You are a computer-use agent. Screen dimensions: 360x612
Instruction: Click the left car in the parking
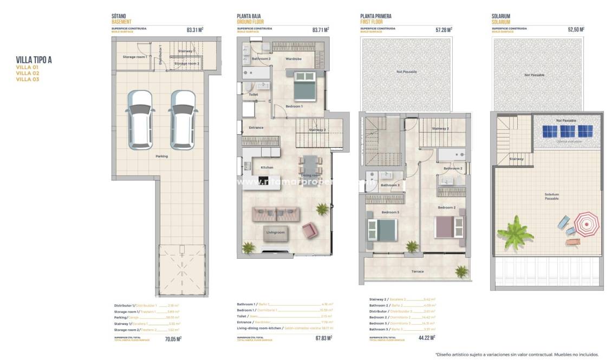click(140, 120)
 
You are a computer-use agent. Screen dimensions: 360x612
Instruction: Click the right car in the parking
click(183, 120)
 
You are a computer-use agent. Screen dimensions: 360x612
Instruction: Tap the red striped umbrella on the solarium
click(585, 223)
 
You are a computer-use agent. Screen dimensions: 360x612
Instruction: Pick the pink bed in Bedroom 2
click(450, 227)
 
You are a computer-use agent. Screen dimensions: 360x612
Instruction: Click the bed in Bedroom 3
click(382, 228)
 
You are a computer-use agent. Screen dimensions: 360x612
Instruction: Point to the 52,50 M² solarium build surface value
click(576, 30)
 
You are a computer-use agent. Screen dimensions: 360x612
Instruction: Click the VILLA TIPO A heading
click(34, 60)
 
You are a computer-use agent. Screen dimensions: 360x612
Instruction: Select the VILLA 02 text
click(27, 73)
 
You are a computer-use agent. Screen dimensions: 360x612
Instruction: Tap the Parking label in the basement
click(161, 156)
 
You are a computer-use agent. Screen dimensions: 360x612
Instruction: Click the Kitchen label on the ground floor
click(267, 167)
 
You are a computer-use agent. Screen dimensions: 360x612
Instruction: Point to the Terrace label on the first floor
click(418, 271)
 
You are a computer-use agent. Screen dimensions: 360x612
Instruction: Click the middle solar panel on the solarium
click(567, 131)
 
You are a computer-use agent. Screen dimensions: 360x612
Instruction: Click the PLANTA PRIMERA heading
click(375, 17)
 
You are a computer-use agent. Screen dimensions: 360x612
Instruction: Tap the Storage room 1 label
click(135, 56)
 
